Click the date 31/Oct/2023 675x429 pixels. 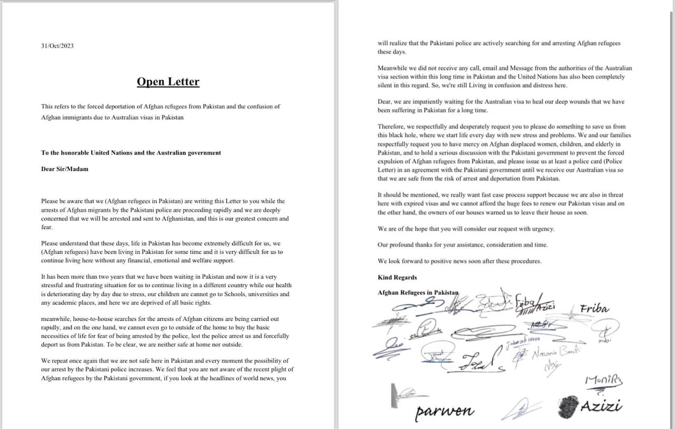(57, 46)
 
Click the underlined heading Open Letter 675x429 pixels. (168, 82)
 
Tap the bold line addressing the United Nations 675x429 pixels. (131, 153)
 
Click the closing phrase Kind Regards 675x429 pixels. (397, 278)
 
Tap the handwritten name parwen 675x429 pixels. (444, 411)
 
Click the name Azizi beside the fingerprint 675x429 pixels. (601, 406)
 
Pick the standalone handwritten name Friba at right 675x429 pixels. (594, 309)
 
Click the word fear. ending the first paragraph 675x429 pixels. (47, 227)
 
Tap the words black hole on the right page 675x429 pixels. (403, 135)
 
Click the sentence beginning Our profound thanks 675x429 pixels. (462, 245)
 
